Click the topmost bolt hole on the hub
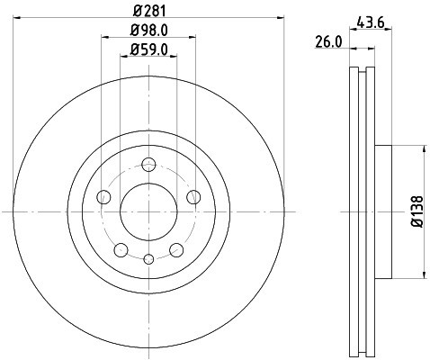148,164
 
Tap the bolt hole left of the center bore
103,197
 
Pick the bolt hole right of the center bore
193,197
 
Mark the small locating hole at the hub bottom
148,259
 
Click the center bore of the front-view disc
148,211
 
